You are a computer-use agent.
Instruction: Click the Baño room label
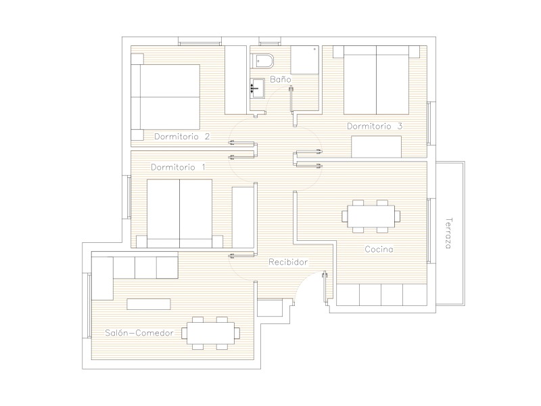[280, 79]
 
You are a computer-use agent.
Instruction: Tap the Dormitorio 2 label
[182, 137]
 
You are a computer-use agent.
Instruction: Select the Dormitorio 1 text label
[178, 167]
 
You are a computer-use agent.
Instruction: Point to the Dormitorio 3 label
[375, 126]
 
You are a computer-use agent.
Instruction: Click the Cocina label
[379, 249]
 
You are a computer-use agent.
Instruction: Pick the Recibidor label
[288, 262]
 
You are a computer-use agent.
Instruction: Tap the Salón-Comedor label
[139, 333]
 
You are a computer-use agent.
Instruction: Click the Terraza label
[448, 233]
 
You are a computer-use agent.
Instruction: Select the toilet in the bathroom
[262, 61]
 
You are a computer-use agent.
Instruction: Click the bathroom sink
[257, 88]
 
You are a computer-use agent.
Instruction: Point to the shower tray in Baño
[304, 60]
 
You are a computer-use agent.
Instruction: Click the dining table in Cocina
[371, 216]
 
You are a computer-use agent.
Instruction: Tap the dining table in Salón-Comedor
[210, 333]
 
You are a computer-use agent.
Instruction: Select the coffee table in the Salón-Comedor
[149, 304]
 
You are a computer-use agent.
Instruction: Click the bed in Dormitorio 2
[166, 97]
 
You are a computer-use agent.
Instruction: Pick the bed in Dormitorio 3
[376, 80]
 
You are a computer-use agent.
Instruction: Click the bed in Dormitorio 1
[179, 213]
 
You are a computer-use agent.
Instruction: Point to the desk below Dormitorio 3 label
[377, 147]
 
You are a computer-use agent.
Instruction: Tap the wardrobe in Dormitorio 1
[243, 217]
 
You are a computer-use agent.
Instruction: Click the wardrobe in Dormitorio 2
[235, 80]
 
